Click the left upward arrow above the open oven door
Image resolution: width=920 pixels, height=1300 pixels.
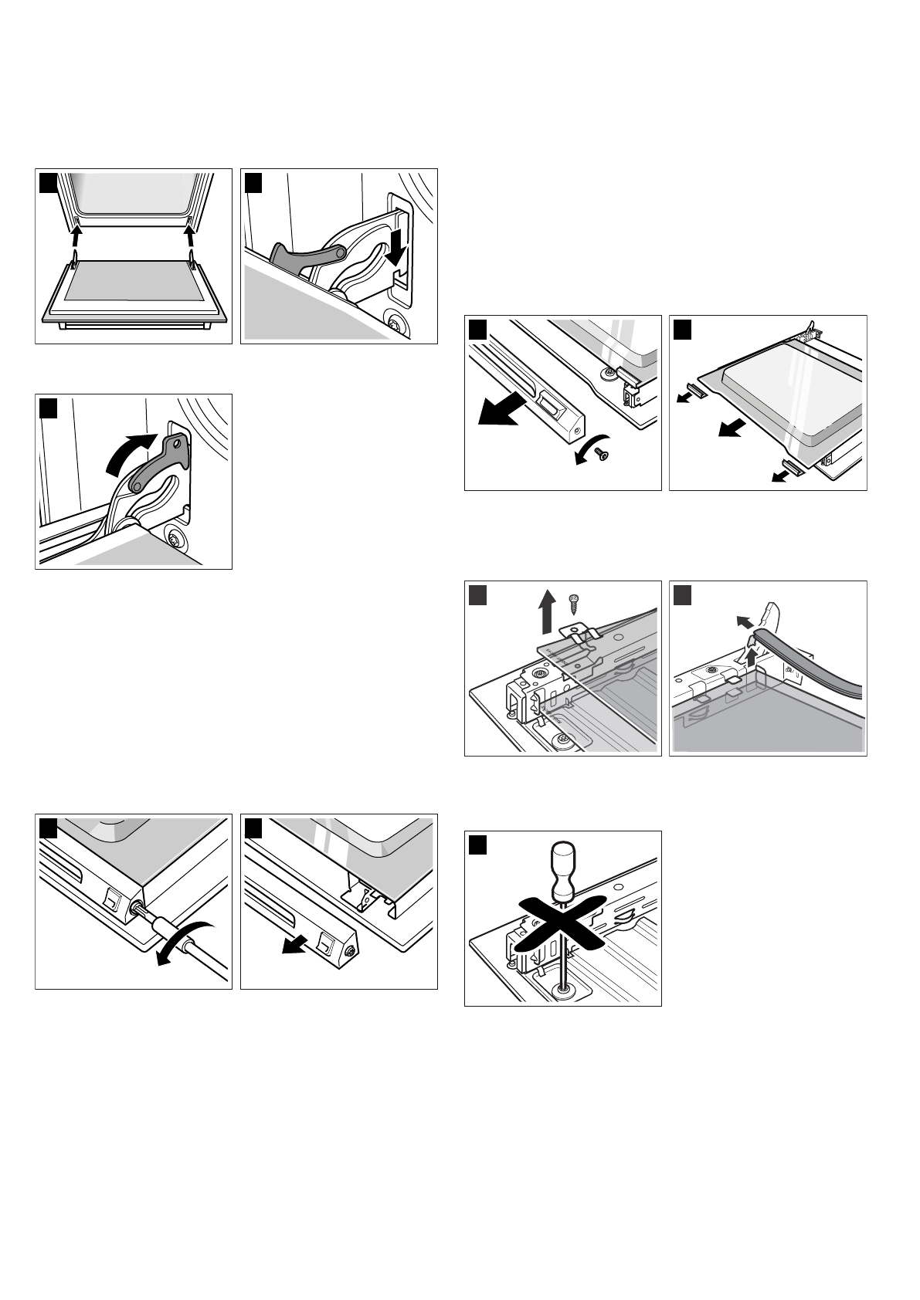click(x=74, y=232)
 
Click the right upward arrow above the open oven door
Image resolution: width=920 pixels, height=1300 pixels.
click(x=188, y=232)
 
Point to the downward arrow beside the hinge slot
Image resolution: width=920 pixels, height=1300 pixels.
click(x=396, y=247)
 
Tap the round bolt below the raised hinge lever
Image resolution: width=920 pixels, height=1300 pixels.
click(x=175, y=538)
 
